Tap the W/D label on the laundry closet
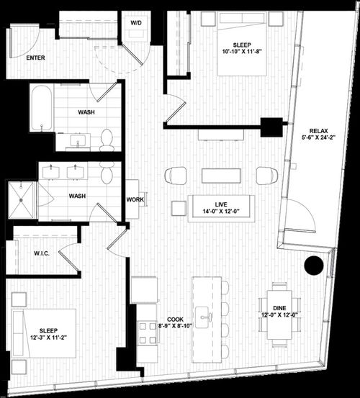(136, 22)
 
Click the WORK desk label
(135, 199)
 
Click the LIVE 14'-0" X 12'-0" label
(221, 207)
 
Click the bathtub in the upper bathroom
(41, 108)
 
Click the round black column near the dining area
(314, 266)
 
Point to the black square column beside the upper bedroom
(271, 127)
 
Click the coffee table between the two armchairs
(221, 176)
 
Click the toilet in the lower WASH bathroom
(107, 173)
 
